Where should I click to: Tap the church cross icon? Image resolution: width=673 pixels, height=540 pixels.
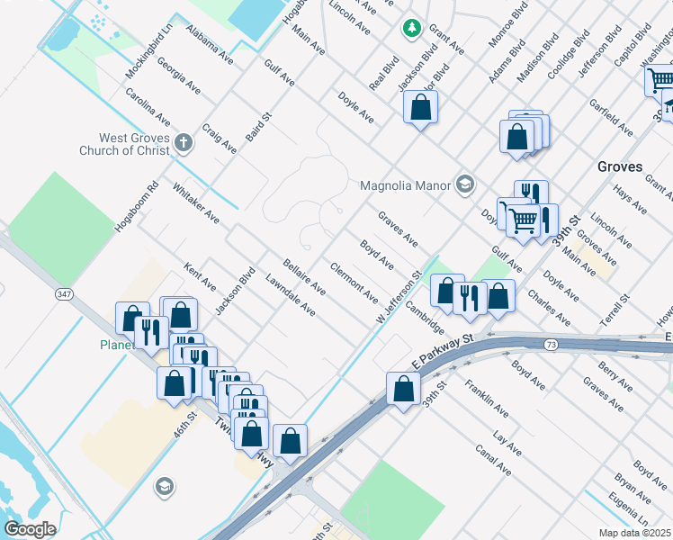coord(184,143)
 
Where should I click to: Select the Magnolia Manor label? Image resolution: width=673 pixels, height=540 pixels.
coord(404,186)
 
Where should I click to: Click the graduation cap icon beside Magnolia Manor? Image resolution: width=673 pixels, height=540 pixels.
coord(464,185)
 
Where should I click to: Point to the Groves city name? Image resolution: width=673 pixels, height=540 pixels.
coord(620,166)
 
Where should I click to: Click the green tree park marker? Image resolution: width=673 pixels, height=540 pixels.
coord(412,28)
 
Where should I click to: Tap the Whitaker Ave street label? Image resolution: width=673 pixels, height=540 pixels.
coord(195,202)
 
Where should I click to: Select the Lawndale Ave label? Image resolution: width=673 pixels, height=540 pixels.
coord(291,296)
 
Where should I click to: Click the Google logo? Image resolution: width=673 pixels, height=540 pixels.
coord(30,529)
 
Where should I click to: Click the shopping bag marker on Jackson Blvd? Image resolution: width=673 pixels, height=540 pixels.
coord(420,107)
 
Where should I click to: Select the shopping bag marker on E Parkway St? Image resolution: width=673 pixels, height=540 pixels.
coord(404,388)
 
